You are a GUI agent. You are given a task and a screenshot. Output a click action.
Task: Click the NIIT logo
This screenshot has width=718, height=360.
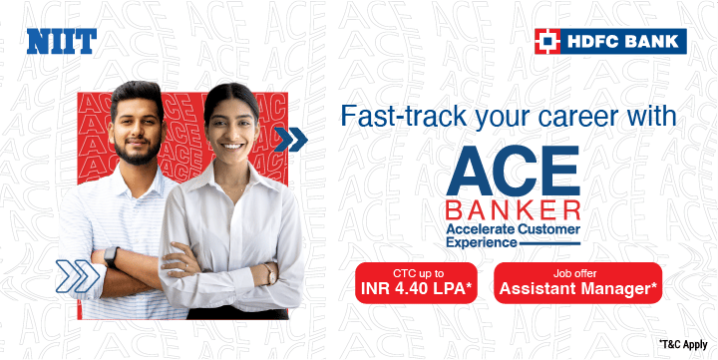(61, 41)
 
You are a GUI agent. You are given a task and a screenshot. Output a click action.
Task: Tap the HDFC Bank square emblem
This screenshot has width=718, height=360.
(547, 41)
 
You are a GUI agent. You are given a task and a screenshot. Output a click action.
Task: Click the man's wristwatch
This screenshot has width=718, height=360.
(111, 255)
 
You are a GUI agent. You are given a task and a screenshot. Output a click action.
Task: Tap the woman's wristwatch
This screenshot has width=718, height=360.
(268, 272)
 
